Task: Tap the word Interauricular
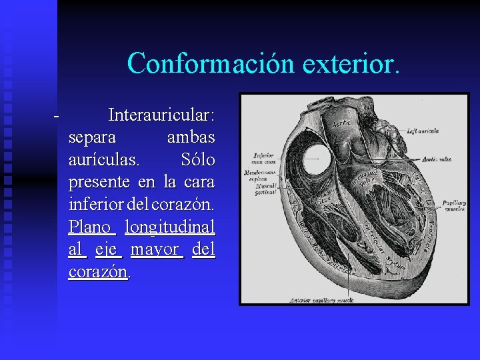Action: click(x=161, y=116)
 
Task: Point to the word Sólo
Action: click(x=198, y=161)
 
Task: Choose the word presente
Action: click(x=100, y=183)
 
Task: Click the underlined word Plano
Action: click(x=91, y=227)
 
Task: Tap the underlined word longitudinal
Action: click(x=170, y=227)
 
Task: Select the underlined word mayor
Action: click(x=155, y=250)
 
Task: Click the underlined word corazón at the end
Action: click(x=98, y=272)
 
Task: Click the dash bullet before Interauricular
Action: click(x=57, y=116)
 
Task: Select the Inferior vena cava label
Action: click(x=260, y=158)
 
